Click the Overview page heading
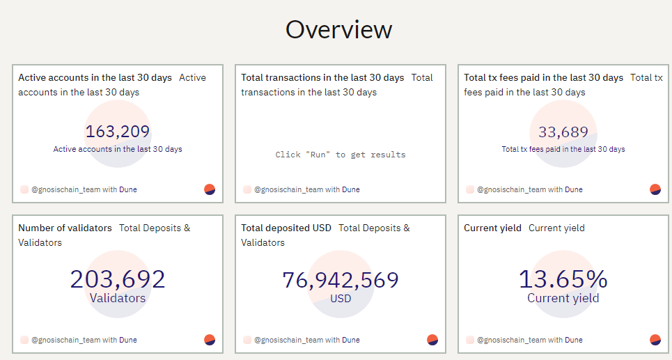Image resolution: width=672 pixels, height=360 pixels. (338, 29)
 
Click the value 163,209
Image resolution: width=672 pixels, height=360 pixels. (118, 132)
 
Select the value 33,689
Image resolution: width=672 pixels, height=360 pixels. (563, 132)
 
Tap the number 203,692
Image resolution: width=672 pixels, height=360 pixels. (118, 279)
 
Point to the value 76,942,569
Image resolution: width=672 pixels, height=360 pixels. (341, 281)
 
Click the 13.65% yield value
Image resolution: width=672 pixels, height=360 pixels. (563, 279)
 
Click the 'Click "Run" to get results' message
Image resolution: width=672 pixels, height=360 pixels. (341, 155)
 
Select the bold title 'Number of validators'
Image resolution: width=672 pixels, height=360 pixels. (65, 228)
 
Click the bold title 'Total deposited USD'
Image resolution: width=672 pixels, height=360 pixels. (286, 228)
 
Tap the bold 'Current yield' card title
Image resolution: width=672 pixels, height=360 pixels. (492, 228)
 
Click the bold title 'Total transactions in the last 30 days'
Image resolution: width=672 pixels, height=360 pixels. (322, 77)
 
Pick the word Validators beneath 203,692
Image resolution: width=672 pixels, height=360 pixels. (118, 298)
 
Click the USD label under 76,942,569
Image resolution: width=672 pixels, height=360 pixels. (341, 298)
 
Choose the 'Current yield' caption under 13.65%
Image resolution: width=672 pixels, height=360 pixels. (563, 298)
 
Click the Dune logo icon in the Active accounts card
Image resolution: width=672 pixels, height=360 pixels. (210, 189)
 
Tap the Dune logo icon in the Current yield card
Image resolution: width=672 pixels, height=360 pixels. (655, 340)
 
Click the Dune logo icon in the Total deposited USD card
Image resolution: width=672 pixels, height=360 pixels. (432, 340)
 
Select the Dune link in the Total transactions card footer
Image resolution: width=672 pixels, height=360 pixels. (350, 189)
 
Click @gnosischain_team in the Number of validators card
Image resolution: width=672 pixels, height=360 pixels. (65, 340)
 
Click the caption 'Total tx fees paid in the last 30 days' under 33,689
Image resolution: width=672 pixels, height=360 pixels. (563, 149)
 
